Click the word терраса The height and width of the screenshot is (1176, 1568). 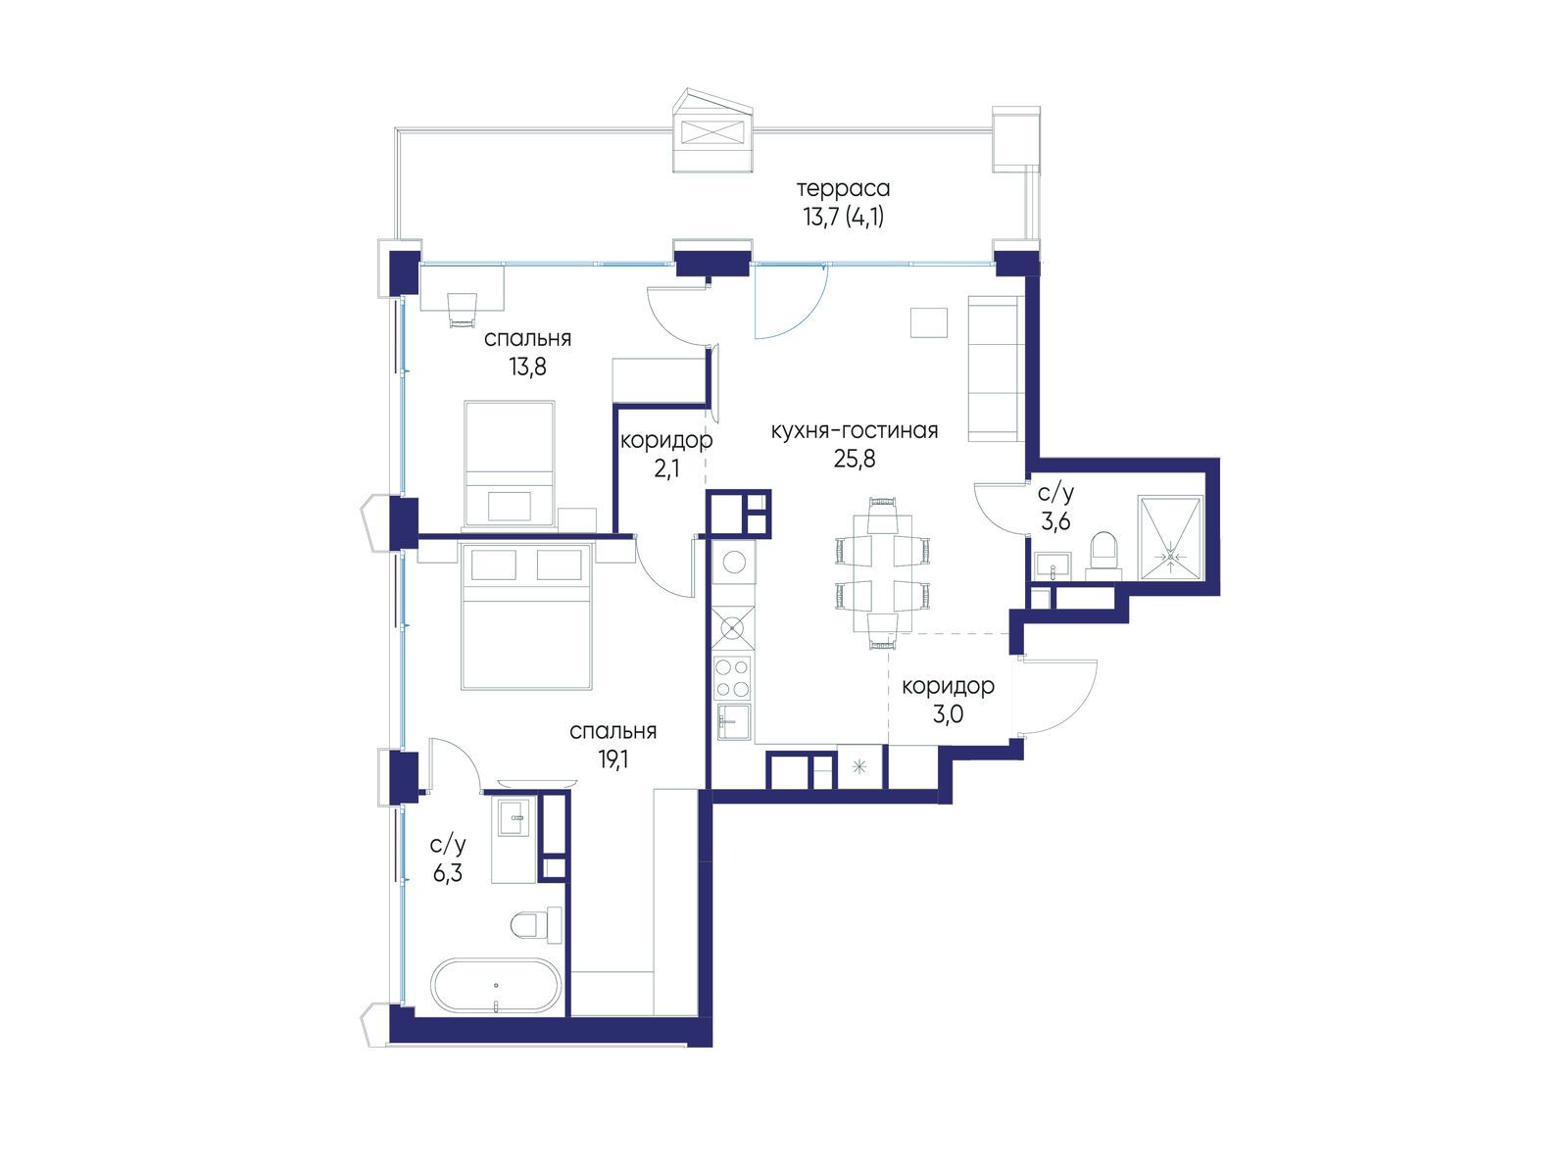click(843, 189)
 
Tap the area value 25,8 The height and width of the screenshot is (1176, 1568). click(855, 459)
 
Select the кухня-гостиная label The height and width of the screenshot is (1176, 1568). click(855, 430)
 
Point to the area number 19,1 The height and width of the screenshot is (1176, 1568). click(612, 759)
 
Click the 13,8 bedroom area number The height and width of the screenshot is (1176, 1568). click(527, 367)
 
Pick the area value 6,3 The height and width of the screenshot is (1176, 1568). click(447, 872)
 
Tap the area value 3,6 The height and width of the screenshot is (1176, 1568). click(1055, 522)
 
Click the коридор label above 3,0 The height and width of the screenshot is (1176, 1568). click(948, 686)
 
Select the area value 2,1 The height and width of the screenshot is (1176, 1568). click(666, 469)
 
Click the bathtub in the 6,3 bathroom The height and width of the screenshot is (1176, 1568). click(496, 985)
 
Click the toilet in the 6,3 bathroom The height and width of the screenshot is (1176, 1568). click(536, 925)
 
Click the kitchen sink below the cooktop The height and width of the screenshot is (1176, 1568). click(733, 722)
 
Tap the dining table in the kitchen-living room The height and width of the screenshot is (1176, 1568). click(883, 574)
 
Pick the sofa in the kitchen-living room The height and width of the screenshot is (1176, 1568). click(993, 368)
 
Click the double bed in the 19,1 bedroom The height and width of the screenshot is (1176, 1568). click(527, 616)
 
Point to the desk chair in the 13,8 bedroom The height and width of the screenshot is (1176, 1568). click(463, 310)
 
